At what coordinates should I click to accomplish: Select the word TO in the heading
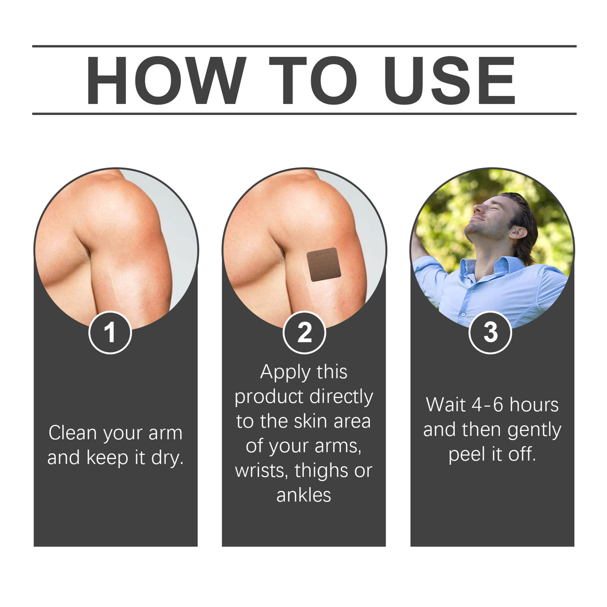pos(313,80)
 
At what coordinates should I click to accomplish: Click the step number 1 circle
pos(110,332)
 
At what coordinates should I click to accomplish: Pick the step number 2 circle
pos(304,332)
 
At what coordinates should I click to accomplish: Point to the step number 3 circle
pos(490,332)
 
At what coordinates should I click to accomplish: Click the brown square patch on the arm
pos(323,264)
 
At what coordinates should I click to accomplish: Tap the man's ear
pos(517,232)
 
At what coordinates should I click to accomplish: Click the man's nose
pos(477,204)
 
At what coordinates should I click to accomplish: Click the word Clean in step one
pos(72,433)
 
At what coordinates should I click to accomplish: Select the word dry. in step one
pos(167,458)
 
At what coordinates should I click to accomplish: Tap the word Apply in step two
pos(285,372)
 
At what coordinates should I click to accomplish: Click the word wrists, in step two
pos(262,471)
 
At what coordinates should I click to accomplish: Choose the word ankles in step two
pos(303,495)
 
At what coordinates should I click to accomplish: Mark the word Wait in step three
pos(446,405)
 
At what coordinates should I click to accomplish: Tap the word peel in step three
pos(467,454)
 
